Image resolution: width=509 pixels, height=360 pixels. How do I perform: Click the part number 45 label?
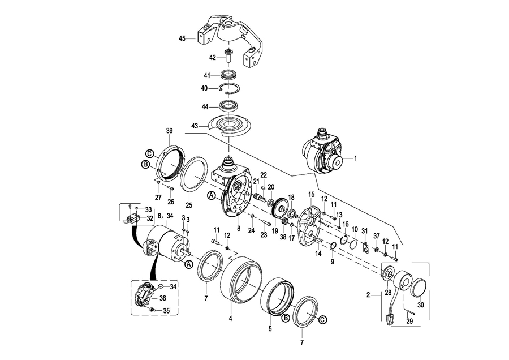pos(182,38)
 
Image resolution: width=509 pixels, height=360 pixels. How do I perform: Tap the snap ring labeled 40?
pos(228,89)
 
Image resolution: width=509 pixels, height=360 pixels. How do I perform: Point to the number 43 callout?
pos(195,126)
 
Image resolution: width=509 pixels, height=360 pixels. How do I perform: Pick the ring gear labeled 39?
pos(171,162)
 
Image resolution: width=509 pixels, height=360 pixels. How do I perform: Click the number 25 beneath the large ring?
pos(189,205)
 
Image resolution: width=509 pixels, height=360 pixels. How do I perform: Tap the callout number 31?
pos(365,231)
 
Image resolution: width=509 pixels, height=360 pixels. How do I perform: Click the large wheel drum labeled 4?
pos(241,279)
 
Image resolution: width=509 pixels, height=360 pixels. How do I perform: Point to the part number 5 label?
pos(270,329)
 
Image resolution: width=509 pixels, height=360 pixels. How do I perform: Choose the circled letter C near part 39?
pos(149,153)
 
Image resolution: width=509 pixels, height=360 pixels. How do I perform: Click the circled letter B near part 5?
pos(284,318)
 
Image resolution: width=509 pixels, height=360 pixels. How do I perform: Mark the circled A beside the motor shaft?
pos(188,264)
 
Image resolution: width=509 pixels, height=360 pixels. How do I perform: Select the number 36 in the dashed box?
pos(163,298)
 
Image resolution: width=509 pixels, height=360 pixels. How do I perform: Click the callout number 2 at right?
pos(368,295)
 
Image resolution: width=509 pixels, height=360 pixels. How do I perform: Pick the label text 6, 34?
pos(165,215)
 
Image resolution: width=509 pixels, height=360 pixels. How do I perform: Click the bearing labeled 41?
pos(229,74)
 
